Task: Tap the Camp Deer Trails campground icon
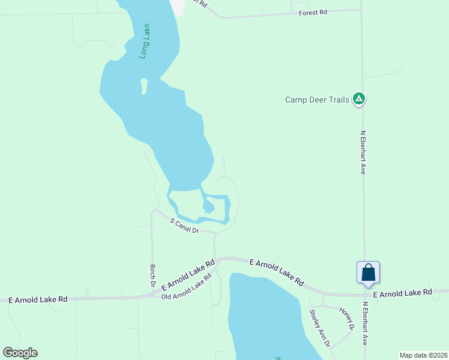[359, 98]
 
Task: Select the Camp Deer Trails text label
[317, 100]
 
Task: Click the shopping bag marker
[368, 273]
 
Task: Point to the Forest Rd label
[313, 12]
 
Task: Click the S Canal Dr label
[184, 226]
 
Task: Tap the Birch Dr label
[153, 275]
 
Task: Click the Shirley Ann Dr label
[319, 328]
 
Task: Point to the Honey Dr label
[346, 319]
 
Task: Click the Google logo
[20, 353]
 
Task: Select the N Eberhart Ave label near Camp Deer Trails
[363, 153]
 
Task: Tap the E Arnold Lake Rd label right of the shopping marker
[402, 293]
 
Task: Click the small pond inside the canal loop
[208, 207]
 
